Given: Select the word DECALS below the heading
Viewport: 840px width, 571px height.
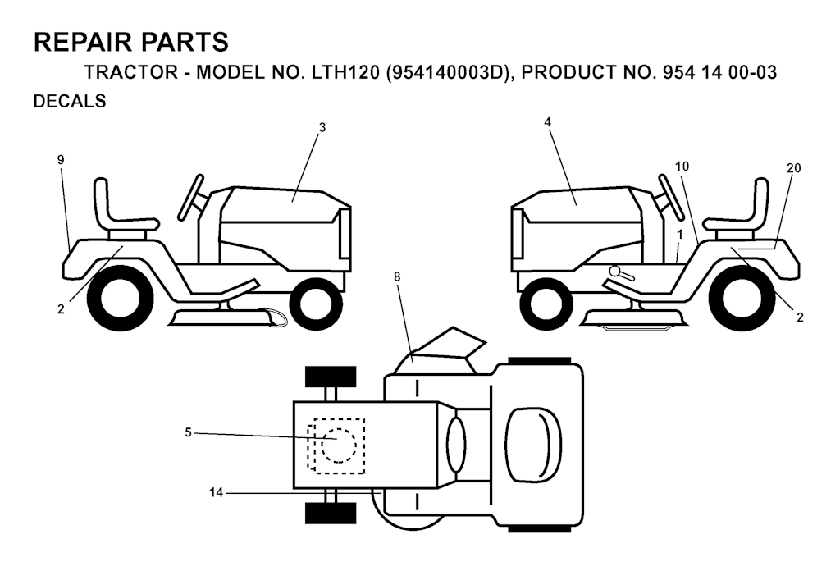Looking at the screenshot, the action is click(70, 101).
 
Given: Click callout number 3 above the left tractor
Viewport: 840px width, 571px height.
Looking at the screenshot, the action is click(322, 127).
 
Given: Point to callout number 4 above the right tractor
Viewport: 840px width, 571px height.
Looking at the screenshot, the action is click(547, 122).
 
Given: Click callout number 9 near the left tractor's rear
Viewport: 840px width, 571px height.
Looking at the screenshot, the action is click(61, 160).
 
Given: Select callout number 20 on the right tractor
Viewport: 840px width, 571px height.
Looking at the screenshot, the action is click(793, 168).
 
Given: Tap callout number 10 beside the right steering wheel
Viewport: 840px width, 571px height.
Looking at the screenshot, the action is click(682, 167).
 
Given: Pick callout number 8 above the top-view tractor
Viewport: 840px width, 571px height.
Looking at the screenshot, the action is click(397, 277).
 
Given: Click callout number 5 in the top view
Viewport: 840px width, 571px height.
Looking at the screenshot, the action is click(188, 432).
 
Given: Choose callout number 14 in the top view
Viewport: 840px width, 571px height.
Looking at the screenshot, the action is click(216, 492).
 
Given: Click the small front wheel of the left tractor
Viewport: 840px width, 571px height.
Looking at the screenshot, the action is click(314, 304).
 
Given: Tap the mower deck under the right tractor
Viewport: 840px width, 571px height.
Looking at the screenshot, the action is click(634, 319).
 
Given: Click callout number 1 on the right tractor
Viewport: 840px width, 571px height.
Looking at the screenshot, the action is click(679, 235).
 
